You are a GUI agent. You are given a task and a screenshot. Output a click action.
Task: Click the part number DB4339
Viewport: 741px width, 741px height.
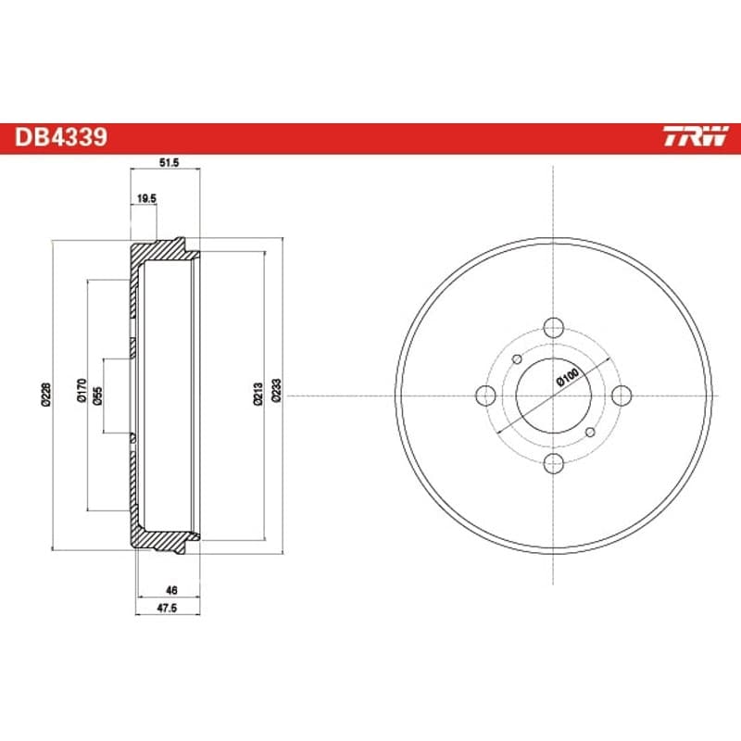pyautogui.click(x=61, y=137)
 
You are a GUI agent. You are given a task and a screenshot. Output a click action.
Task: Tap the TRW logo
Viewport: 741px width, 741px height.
pyautogui.click(x=697, y=136)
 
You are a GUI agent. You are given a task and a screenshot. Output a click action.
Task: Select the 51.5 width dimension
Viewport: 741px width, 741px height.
pyautogui.click(x=170, y=163)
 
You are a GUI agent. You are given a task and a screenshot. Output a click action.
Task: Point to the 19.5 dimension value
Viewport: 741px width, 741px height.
pyautogui.click(x=146, y=199)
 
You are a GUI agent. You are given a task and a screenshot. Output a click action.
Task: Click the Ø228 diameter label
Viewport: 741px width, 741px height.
pyautogui.click(x=45, y=395)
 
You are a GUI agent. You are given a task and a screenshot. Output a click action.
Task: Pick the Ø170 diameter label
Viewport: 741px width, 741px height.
pyautogui.click(x=82, y=390)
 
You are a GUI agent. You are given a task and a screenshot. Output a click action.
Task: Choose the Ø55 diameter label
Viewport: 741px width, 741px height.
pyautogui.click(x=97, y=396)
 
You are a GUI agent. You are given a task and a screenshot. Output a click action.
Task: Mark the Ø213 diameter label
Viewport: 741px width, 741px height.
pyautogui.click(x=258, y=395)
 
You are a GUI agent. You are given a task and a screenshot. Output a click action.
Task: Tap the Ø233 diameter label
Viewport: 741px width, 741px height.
pyautogui.click(x=277, y=390)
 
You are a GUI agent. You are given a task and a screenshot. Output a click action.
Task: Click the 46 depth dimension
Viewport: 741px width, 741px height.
pyautogui.click(x=171, y=590)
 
